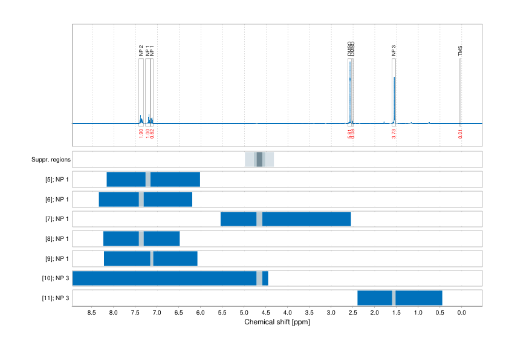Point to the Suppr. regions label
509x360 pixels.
pyautogui.click(x=51, y=160)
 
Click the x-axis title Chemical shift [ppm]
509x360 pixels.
pyautogui.click(x=277, y=322)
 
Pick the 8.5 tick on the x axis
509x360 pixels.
pyautogui.click(x=92, y=313)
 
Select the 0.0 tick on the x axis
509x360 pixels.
pyautogui.click(x=461, y=313)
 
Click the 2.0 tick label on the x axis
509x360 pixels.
pyautogui.click(x=374, y=313)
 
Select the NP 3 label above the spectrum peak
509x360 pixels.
pyautogui.click(x=394, y=51)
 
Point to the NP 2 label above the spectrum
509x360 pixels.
pyautogui.click(x=141, y=51)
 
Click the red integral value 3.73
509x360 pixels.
pyautogui.click(x=394, y=134)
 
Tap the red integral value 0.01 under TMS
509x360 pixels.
pyautogui.click(x=460, y=134)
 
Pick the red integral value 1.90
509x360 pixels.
pyautogui.click(x=141, y=134)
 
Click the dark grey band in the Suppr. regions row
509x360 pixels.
pyautogui.click(x=259, y=160)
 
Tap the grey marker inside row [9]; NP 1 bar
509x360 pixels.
pyautogui.click(x=152, y=258)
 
